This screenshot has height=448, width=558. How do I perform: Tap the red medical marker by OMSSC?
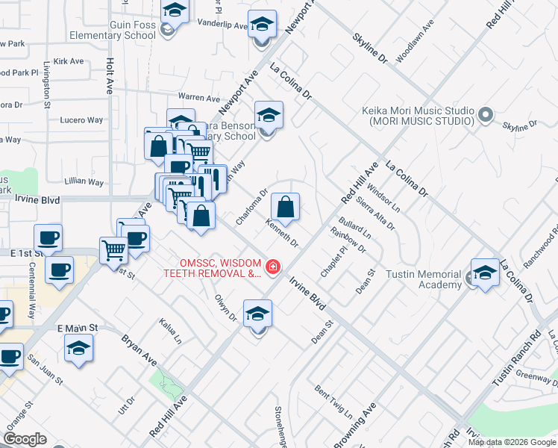273,267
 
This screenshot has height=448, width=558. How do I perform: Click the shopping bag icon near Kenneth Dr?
285,207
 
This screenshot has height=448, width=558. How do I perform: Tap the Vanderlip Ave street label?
222,25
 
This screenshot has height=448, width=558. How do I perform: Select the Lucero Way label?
81,119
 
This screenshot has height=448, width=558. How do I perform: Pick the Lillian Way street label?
85,181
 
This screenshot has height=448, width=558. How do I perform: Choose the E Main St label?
78,328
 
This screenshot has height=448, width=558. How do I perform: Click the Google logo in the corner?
25,439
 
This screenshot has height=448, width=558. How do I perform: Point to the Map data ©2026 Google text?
512,442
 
